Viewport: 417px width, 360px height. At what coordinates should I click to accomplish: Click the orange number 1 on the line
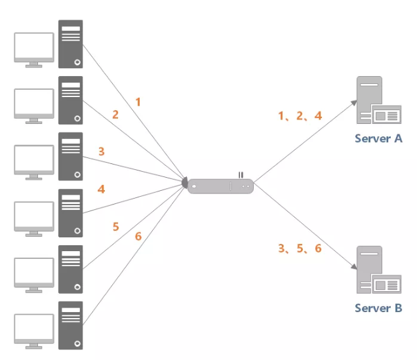[x=138, y=102]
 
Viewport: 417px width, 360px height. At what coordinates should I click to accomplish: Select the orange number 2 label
[x=115, y=115]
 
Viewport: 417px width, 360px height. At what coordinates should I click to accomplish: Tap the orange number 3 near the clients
[x=101, y=151]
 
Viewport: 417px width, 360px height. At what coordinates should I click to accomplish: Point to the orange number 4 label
[x=101, y=189]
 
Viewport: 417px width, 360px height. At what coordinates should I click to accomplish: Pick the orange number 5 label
[x=115, y=226]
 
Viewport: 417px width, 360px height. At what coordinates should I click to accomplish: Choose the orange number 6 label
[x=138, y=236]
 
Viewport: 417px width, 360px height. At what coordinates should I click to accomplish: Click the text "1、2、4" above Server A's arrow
[x=300, y=116]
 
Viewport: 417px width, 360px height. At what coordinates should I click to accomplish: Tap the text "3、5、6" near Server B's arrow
[x=300, y=249]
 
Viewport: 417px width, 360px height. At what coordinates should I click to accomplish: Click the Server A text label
[x=378, y=138]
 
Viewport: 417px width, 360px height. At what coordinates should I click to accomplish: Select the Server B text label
[x=378, y=308]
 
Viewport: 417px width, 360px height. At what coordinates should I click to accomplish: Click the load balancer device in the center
[x=220, y=186]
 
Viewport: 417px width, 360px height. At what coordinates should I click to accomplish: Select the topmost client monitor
[x=34, y=47]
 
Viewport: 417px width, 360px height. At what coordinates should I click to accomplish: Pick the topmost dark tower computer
[x=71, y=44]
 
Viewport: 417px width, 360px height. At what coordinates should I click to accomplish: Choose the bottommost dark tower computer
[x=71, y=325]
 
